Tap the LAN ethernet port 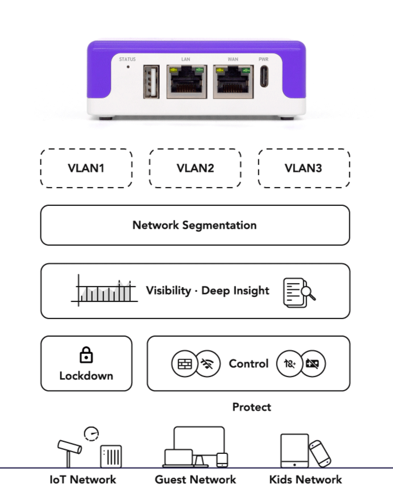(186, 82)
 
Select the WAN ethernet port (234, 82)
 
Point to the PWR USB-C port (264, 77)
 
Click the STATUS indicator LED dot (128, 67)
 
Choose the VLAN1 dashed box (86, 168)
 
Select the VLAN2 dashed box (195, 168)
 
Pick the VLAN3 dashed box (304, 168)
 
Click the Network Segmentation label (195, 225)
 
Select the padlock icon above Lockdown (86, 356)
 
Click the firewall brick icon (184, 364)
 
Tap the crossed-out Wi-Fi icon (208, 364)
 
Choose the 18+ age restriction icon (288, 364)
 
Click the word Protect (251, 407)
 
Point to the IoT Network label (82, 480)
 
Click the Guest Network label (195, 480)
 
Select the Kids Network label (305, 480)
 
